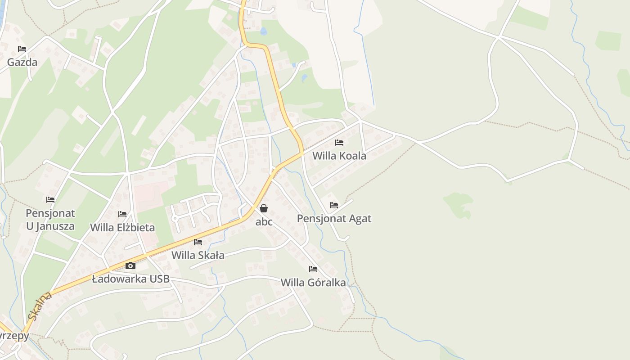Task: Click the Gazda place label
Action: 22,62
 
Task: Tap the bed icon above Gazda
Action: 22,49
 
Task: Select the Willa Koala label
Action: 339,156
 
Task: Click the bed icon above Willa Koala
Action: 339,143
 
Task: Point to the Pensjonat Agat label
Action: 334,219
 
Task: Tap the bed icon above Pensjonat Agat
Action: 334,205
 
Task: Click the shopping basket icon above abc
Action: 264,208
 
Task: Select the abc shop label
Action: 264,221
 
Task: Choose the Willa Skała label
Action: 198,255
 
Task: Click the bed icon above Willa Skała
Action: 198,242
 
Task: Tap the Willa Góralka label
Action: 313,283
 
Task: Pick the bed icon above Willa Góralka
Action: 313,269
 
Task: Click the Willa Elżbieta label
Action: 122,227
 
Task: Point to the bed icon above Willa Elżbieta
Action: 122,214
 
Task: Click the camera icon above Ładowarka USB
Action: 130,265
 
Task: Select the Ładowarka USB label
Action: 130,279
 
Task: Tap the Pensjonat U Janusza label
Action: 50,220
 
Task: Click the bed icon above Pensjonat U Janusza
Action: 50,199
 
